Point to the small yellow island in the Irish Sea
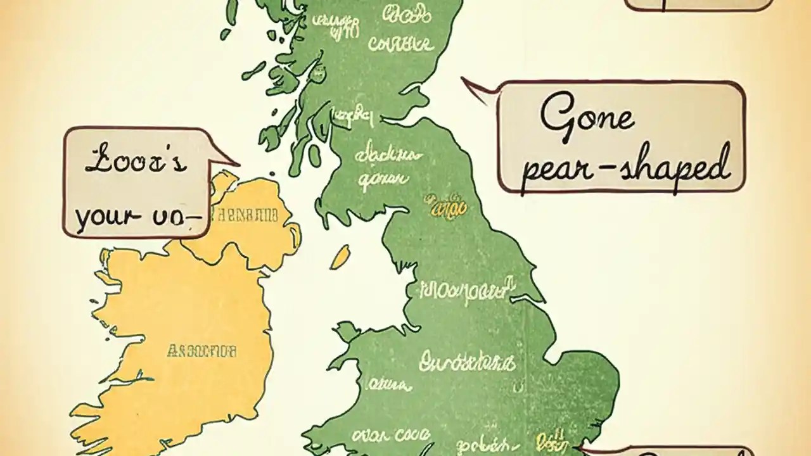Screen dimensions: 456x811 coord(340,256)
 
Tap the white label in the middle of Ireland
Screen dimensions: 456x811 coord(201,350)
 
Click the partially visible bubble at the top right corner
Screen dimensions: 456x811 coord(697,5)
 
